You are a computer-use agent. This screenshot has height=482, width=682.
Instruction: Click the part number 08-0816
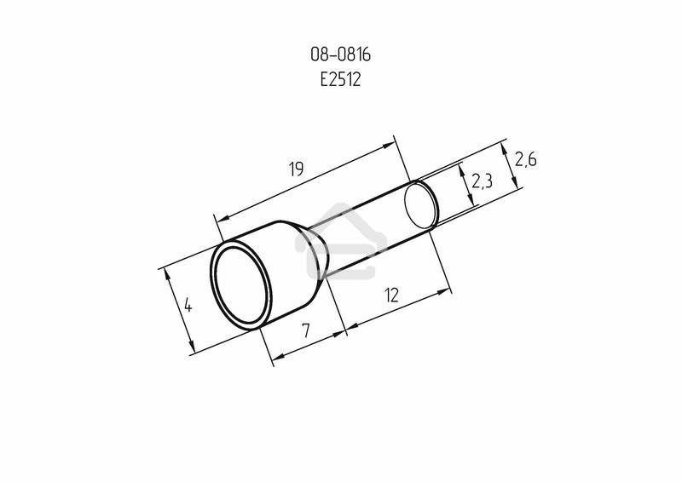340,55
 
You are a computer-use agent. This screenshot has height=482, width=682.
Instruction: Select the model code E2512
340,79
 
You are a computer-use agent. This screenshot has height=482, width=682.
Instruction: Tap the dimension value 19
296,169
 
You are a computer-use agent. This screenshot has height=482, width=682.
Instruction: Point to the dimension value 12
392,296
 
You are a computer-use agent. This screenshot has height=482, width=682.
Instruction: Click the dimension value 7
306,330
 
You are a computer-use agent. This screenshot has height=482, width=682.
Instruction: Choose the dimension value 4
188,305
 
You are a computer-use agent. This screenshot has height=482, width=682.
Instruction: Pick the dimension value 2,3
482,181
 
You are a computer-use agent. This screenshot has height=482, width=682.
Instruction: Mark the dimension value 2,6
525,159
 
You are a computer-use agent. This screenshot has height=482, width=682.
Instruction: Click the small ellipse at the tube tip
420,205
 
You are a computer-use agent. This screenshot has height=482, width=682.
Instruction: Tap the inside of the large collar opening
240,285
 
